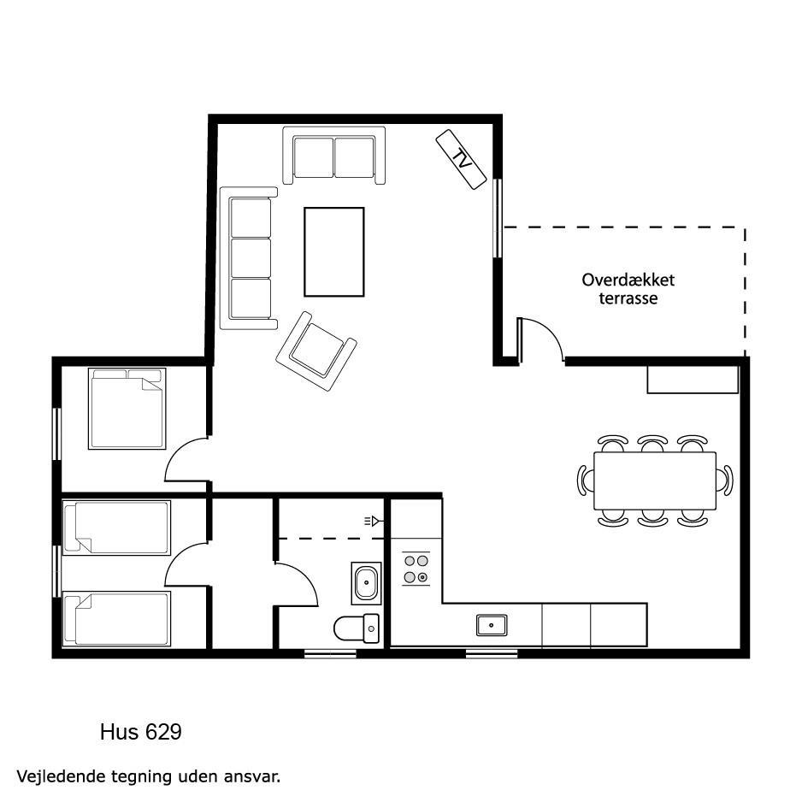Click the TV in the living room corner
point(461,159)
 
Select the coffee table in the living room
point(334,251)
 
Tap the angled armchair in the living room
point(316,351)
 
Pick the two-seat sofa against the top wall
point(334,156)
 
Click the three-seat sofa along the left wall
point(249,258)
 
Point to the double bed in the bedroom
point(127,409)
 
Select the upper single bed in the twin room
point(116,528)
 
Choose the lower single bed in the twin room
point(116,619)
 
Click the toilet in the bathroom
point(357,628)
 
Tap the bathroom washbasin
point(366,583)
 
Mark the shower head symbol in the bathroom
point(374,522)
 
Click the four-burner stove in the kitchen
point(416,569)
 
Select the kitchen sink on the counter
point(492,625)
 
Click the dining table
point(655,481)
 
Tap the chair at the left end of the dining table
point(585,481)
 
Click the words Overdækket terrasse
point(628,289)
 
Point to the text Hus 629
point(141,732)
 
